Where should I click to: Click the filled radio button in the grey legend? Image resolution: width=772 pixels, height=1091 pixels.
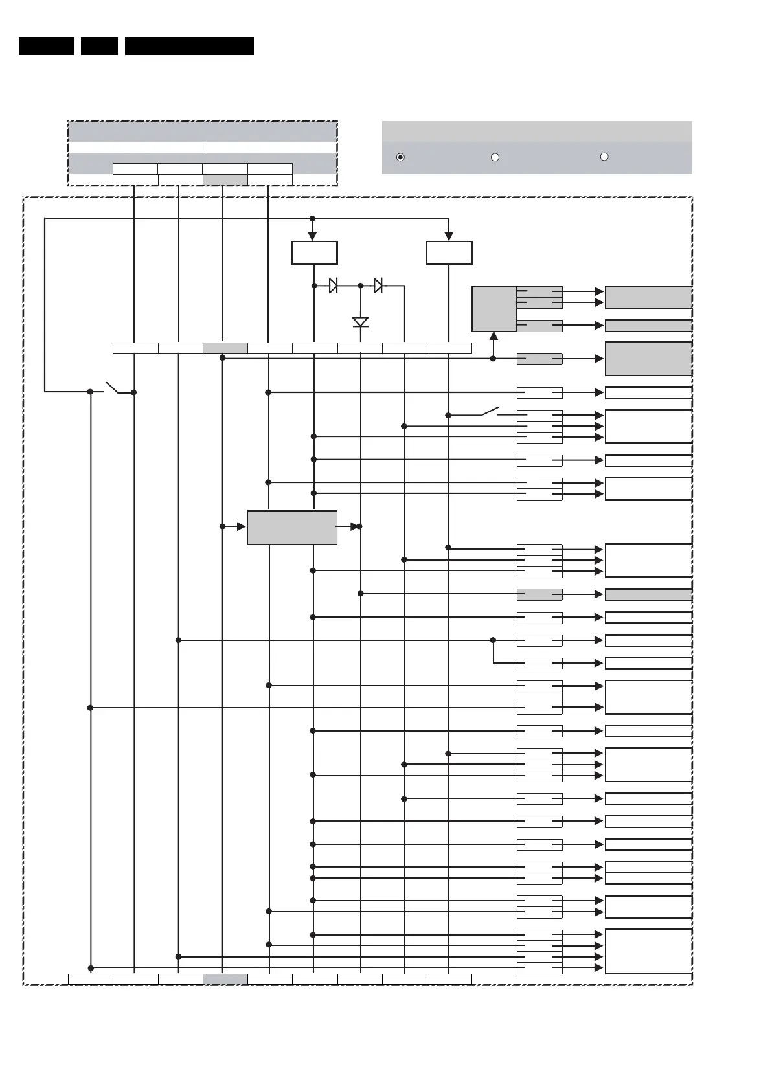coord(400,157)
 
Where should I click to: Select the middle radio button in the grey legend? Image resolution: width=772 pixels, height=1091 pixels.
coord(495,157)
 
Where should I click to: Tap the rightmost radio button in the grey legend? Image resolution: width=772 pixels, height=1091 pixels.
coord(604,157)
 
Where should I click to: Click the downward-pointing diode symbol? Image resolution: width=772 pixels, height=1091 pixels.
coord(361,322)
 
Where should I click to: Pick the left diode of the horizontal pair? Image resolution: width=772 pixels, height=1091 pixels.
coord(333,286)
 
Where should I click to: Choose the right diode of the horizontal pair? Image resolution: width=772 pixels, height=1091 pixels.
coord(378,286)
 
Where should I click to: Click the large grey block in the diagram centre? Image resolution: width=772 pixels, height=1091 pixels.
coord(292,527)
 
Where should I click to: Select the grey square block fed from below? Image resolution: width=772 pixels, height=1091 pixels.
coord(494,309)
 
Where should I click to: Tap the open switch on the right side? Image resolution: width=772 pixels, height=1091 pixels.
coord(490,412)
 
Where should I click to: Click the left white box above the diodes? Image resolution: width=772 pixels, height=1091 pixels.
coord(314,253)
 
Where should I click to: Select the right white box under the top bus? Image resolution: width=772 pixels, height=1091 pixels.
coord(449,253)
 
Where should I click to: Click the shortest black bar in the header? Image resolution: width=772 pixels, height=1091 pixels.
coord(99,46)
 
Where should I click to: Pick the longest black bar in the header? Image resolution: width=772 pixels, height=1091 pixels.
coord(189,46)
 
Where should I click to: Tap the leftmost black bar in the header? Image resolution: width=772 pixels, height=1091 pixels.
coord(46,46)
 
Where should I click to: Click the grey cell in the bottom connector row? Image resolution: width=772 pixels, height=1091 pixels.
coord(225,979)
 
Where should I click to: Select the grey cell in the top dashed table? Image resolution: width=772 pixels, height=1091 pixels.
coord(225,179)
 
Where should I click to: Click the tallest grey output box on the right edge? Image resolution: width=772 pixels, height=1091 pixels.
coord(648,359)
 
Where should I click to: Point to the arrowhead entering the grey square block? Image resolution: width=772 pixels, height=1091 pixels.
coord(494,336)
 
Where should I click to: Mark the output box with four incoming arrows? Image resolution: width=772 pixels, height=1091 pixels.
coord(648,951)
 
